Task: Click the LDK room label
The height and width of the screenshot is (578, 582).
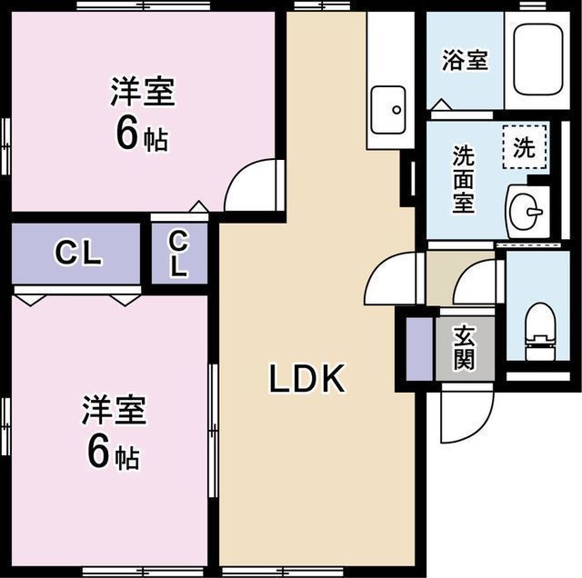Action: click(x=306, y=378)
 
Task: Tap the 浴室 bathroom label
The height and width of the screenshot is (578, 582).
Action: click(x=465, y=60)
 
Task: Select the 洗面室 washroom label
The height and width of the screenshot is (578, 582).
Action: click(x=464, y=179)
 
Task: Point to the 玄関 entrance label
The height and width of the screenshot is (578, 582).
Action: click(x=464, y=347)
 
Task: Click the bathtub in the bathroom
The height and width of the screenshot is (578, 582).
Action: click(x=537, y=60)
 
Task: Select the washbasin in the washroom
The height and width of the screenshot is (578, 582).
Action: click(x=527, y=211)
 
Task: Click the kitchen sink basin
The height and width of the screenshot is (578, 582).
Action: click(x=388, y=110)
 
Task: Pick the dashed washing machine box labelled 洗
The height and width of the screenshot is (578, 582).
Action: click(x=525, y=147)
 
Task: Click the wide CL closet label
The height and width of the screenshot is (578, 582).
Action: click(x=78, y=253)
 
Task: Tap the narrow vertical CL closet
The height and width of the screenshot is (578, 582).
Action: click(x=179, y=254)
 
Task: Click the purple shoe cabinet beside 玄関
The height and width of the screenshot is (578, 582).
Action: click(x=419, y=349)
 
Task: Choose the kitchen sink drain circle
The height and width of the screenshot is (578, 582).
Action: click(x=396, y=110)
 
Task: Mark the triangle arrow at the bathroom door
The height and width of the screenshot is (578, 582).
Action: click(x=441, y=105)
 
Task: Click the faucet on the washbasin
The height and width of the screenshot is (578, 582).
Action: click(x=535, y=212)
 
